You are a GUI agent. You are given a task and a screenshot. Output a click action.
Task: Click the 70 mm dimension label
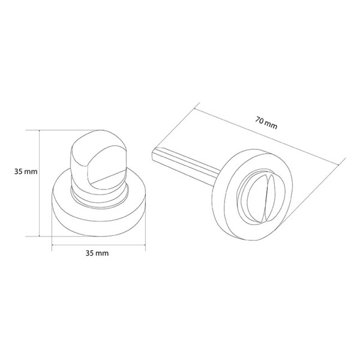point(266,123)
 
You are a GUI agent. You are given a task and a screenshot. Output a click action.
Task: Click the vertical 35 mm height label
point(26,172)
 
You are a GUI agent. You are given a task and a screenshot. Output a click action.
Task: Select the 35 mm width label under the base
point(97,253)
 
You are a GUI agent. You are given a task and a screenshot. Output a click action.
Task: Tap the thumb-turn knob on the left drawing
point(99,161)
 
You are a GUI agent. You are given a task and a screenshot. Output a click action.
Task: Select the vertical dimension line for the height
point(40,183)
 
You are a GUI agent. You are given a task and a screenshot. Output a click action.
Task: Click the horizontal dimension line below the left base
point(99,245)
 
